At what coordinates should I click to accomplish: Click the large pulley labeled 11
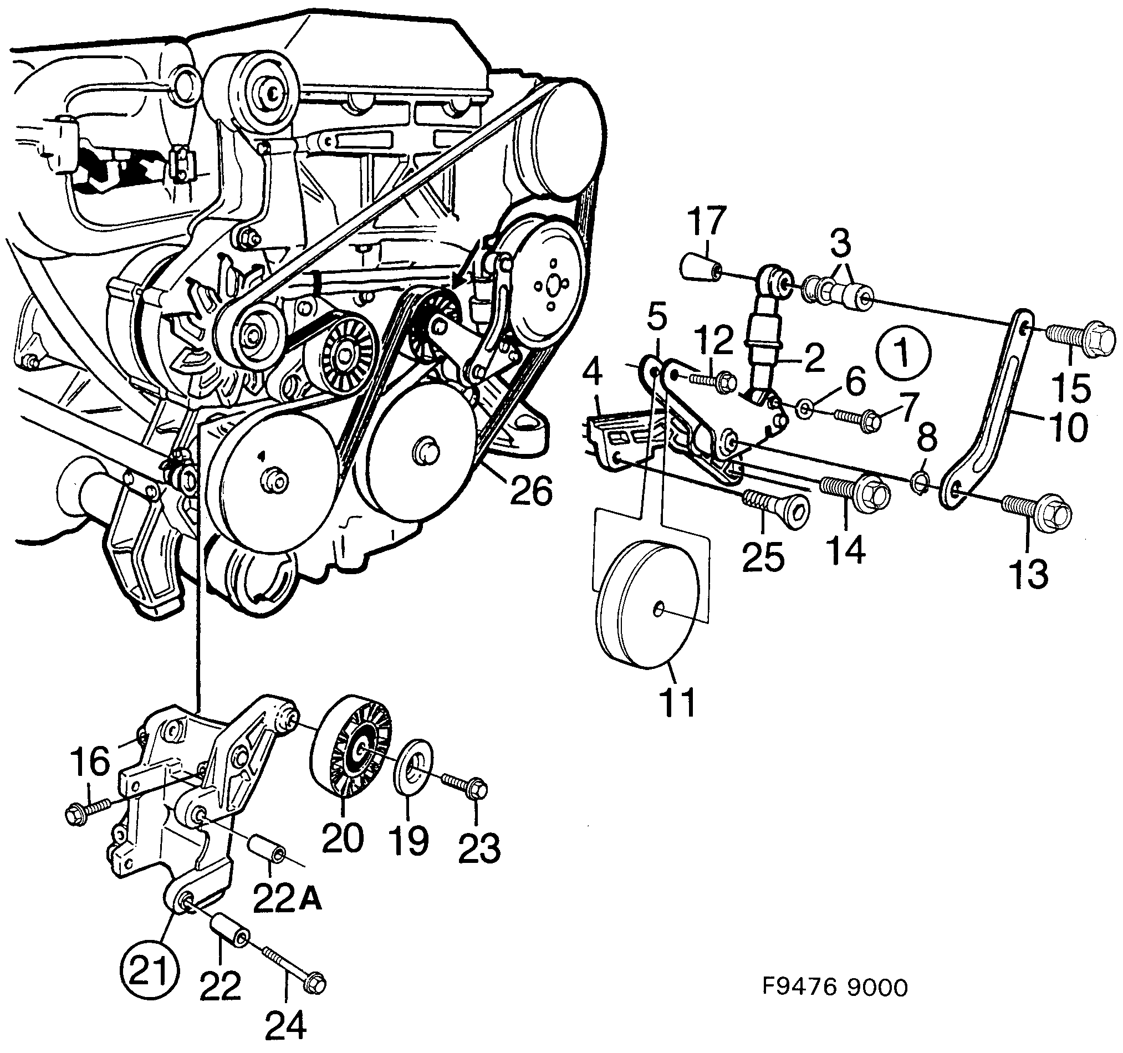(x=650, y=605)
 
